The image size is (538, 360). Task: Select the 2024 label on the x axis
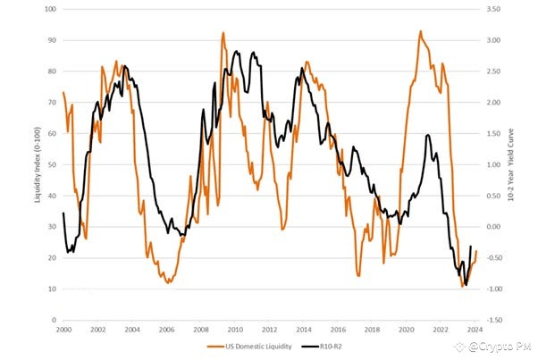475,329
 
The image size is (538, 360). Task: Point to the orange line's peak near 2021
420,31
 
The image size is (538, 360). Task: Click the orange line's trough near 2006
167,282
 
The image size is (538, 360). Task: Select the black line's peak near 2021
428,135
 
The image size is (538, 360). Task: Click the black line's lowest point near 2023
466,284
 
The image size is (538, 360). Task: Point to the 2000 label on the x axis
63,329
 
